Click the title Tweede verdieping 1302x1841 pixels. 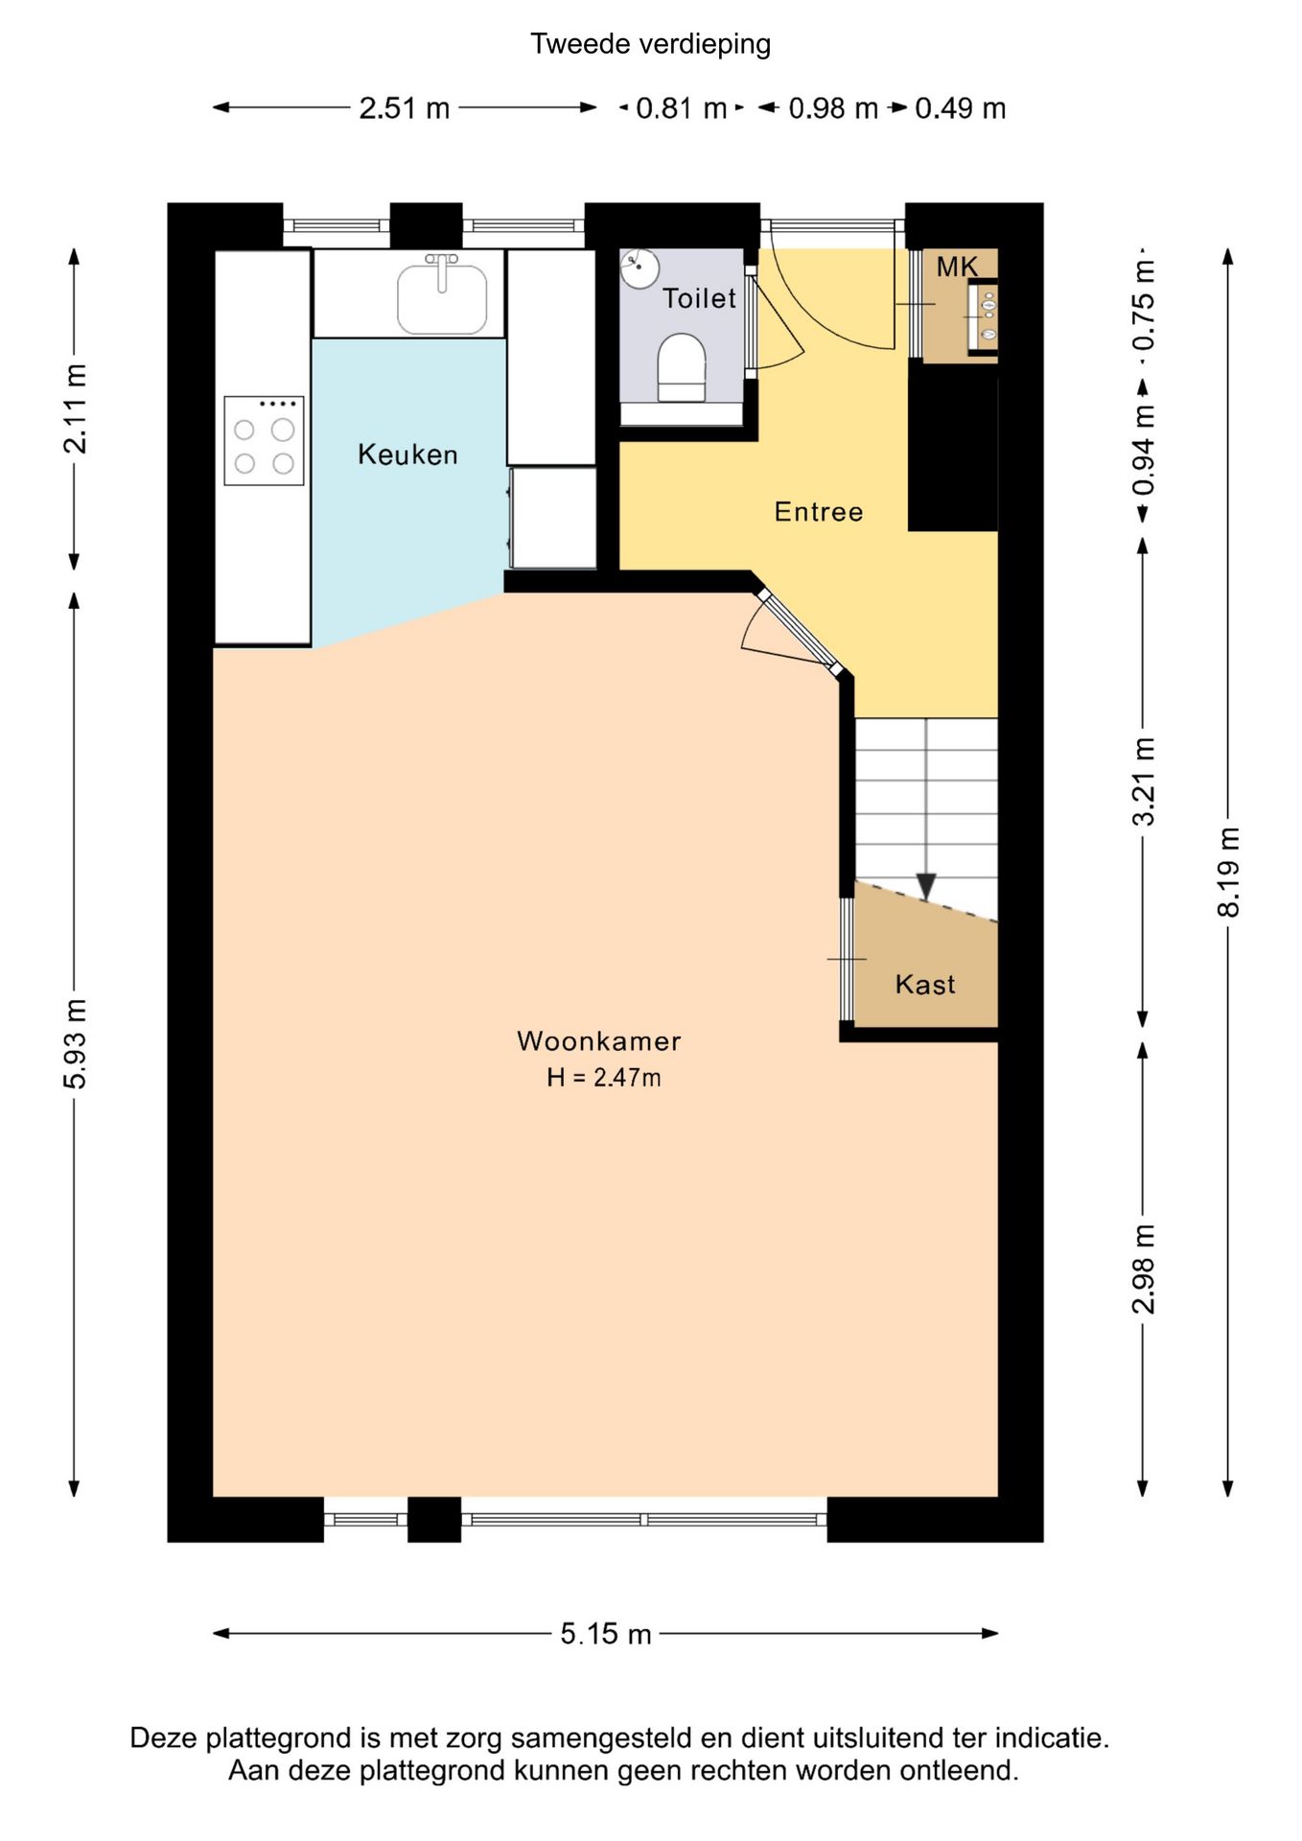[650, 44]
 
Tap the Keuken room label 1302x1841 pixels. [407, 454]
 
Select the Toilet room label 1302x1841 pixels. [700, 298]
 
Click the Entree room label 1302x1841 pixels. [819, 512]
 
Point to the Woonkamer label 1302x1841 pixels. [599, 1041]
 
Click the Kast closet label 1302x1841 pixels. [925, 985]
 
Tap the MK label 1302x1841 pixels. [957, 267]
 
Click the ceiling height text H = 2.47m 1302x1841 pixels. [604, 1078]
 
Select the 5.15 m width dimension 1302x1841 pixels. [606, 1634]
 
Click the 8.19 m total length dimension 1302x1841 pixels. [1228, 872]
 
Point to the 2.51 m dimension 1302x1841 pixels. [405, 108]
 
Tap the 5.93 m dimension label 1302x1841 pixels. [75, 1043]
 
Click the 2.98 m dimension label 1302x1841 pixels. [1143, 1270]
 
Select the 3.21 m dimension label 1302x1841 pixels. [1143, 781]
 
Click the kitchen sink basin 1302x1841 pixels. [442, 297]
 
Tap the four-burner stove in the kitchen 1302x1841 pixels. [265, 440]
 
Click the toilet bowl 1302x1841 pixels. [682, 367]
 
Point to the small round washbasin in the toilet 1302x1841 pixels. [639, 268]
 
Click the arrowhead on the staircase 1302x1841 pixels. [926, 886]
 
